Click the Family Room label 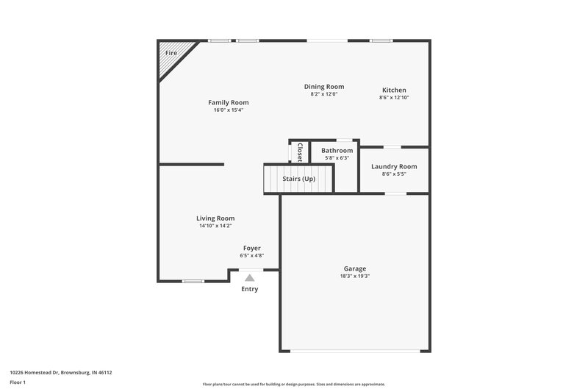[x=228, y=102]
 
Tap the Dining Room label [x=324, y=86]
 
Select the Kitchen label [x=394, y=90]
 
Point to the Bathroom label [x=337, y=150]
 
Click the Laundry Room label [x=394, y=166]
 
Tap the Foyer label [x=251, y=248]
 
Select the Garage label [x=354, y=268]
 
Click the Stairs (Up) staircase [x=298, y=179]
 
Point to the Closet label [x=300, y=152]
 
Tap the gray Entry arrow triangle [x=250, y=278]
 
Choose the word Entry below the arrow [x=250, y=289]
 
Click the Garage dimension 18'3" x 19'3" [x=354, y=277]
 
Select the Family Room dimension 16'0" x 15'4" [x=228, y=110]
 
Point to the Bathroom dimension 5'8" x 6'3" [x=337, y=157]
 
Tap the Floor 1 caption [x=18, y=383]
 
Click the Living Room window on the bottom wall [x=193, y=281]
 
